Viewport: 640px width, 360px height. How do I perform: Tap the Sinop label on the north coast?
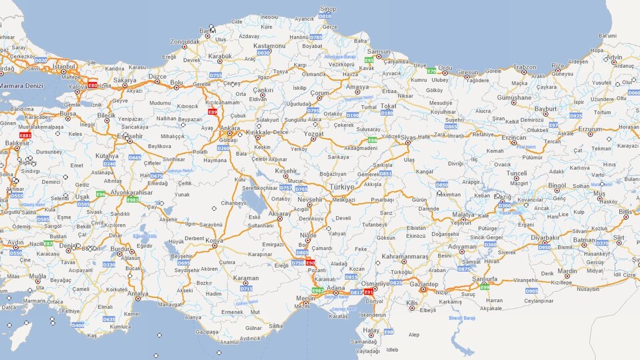coord(328,9)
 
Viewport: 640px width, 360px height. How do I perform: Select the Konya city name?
coord(214,241)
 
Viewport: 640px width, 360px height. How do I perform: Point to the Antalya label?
coord(138,293)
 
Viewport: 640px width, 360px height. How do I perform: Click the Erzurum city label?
coord(589,129)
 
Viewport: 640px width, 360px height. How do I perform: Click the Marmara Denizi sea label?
coord(20,86)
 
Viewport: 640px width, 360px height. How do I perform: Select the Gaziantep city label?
coord(424,285)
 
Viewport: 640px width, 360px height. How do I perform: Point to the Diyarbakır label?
coord(545,237)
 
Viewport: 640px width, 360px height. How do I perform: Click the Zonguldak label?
coord(185,41)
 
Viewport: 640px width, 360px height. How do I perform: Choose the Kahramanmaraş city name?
coord(405,257)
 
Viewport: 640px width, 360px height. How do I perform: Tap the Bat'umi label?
coord(607,35)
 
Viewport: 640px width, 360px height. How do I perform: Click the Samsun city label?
coord(379,51)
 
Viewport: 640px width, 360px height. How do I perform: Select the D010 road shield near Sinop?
coord(325,15)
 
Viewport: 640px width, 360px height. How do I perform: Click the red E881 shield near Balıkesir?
coord(25,135)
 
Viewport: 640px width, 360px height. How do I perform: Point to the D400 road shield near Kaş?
coord(78,325)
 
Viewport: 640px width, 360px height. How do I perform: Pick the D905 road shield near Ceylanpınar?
coord(531,291)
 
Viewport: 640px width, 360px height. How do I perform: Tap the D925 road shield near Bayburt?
coord(575,115)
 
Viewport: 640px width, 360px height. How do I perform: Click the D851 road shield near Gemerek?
coord(385,173)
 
